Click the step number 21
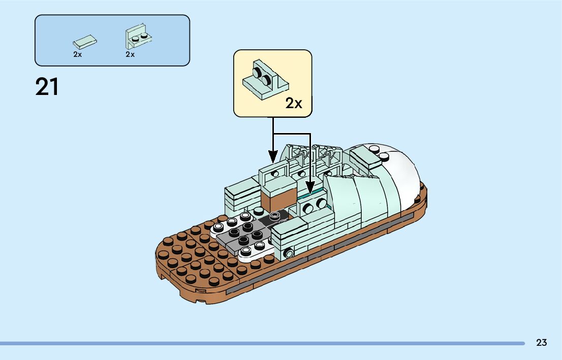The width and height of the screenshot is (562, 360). (47, 87)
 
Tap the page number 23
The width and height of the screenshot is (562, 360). (541, 343)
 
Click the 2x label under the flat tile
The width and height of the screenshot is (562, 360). (77, 54)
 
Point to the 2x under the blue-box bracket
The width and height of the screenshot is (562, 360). (130, 54)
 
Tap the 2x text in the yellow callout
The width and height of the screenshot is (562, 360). (294, 104)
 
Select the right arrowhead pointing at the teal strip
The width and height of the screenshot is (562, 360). (310, 188)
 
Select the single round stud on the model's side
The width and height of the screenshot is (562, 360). (289, 253)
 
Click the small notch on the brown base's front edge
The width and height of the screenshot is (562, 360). (200, 291)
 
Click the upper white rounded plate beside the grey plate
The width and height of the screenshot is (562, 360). (226, 223)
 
